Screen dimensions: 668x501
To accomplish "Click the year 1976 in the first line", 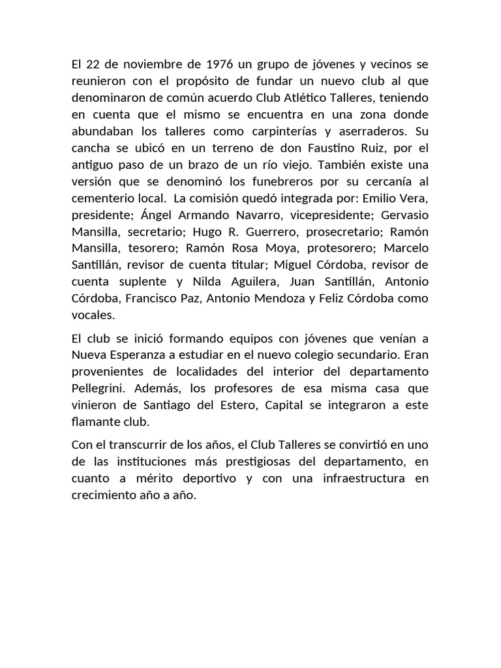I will point(219,65).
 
